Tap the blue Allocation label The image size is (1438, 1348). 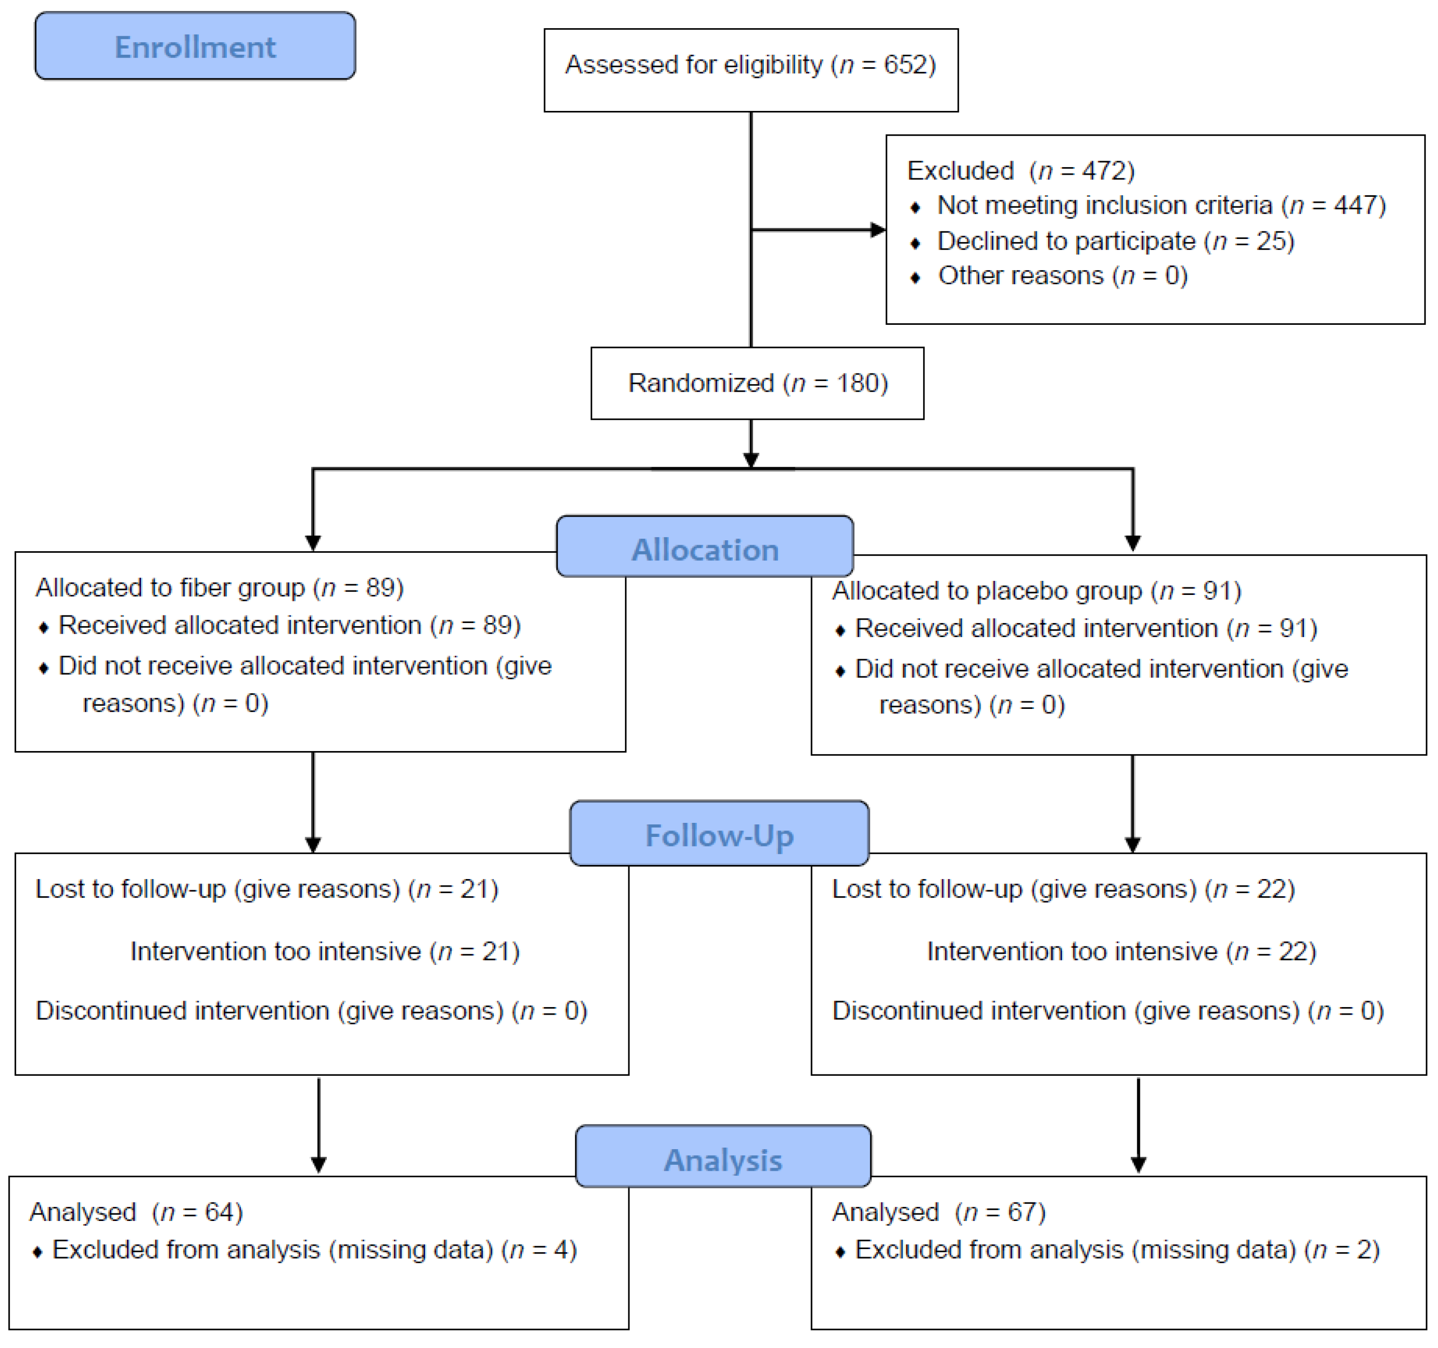[705, 550]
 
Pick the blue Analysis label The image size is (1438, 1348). [723, 1160]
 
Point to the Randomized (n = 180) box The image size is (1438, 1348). [757, 383]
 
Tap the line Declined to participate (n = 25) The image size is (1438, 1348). [1115, 241]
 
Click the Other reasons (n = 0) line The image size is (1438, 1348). [1062, 276]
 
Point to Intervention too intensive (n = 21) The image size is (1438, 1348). [325, 951]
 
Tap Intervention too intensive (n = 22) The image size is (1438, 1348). [1121, 951]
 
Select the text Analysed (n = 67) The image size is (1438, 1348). [938, 1212]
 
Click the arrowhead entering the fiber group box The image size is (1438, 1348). [313, 543]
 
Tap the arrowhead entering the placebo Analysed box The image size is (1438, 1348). [1138, 1164]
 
